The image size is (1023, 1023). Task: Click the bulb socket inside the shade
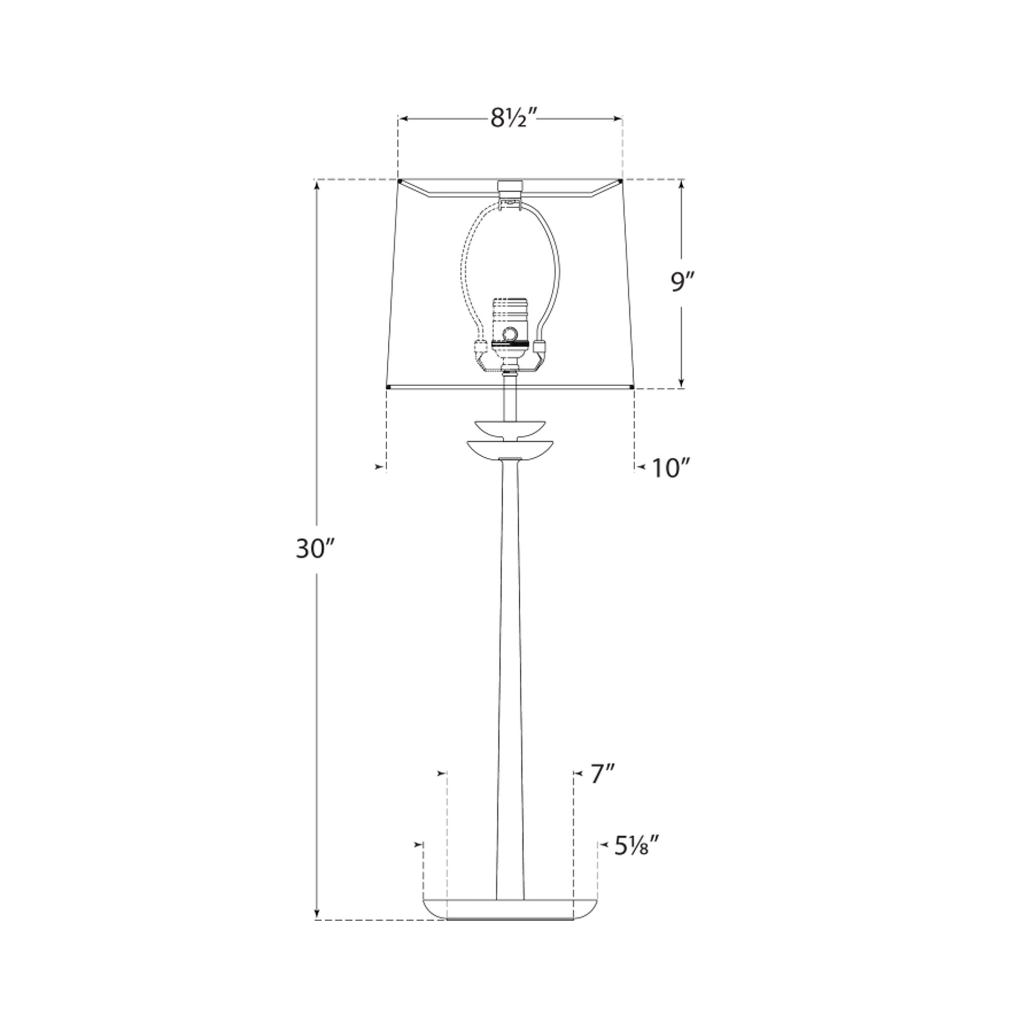[x=510, y=333]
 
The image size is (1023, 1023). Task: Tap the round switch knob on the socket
[x=510, y=333]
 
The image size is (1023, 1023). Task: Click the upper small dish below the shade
[x=510, y=427]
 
